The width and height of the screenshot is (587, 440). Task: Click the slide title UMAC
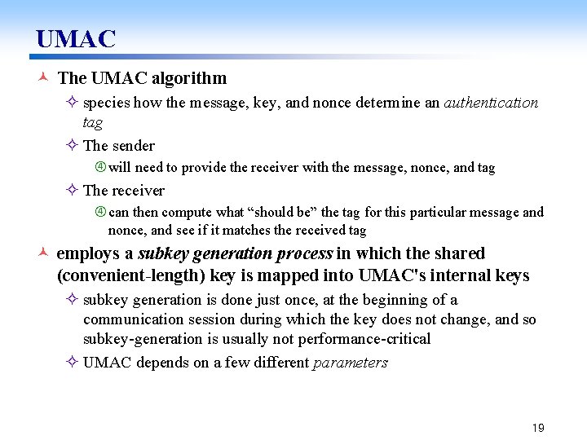coord(76,38)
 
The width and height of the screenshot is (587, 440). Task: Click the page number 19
coord(537,428)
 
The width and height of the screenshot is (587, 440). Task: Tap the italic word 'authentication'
coord(491,103)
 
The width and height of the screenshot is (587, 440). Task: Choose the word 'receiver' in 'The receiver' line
coord(139,191)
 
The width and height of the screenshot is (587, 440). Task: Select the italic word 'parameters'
coord(351,363)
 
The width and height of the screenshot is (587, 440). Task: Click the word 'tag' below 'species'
coord(92,122)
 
